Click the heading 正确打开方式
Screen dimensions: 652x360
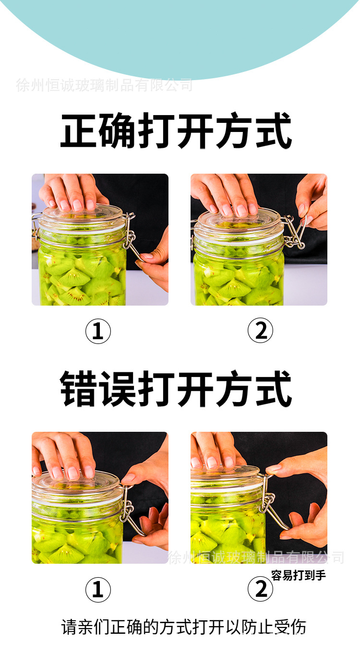click(x=176, y=131)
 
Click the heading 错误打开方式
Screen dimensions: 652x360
click(x=176, y=389)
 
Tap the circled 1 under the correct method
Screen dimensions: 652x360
click(x=98, y=332)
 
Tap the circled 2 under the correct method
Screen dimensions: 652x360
click(x=260, y=332)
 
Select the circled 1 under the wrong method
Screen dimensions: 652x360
click(x=98, y=590)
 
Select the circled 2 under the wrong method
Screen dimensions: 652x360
click(x=260, y=590)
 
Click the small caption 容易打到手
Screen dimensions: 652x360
click(x=298, y=575)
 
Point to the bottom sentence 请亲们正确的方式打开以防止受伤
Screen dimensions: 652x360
click(x=183, y=627)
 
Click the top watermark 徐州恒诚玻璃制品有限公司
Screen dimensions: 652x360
click(x=104, y=85)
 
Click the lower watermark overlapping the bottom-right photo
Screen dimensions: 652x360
click(x=255, y=557)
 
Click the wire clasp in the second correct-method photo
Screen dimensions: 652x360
click(x=295, y=233)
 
